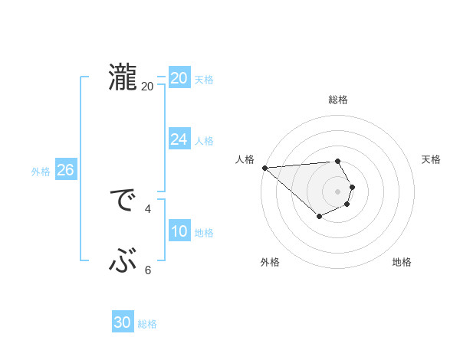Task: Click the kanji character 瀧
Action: click(122, 78)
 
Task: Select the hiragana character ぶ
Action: click(122, 262)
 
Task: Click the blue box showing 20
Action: click(179, 78)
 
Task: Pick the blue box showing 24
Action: click(179, 139)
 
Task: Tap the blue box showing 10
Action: click(179, 231)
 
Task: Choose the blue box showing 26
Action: click(65, 170)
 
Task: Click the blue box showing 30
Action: click(123, 323)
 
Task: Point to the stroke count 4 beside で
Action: click(148, 208)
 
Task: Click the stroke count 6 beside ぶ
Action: click(148, 270)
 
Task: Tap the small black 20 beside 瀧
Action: click(148, 87)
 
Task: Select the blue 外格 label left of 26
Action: click(41, 172)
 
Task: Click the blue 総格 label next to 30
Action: click(147, 324)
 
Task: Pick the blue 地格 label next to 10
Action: click(204, 233)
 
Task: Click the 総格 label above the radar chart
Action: click(337, 100)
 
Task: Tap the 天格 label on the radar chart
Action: click(431, 159)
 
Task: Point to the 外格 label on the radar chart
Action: click(270, 262)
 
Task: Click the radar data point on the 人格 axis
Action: click(264, 167)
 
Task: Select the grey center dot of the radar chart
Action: click(337, 191)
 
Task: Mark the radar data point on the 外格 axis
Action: click(319, 217)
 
